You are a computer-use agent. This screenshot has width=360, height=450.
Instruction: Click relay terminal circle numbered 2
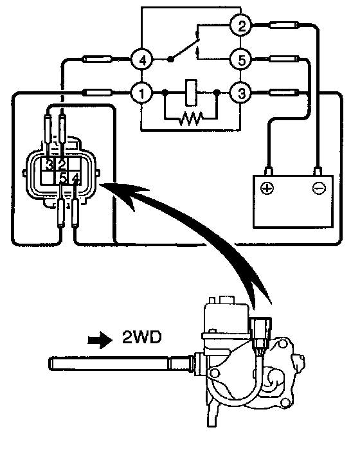[x=242, y=26]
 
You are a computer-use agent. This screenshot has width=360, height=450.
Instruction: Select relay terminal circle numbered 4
[x=142, y=60]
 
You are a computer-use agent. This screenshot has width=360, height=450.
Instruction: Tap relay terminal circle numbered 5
[x=242, y=60]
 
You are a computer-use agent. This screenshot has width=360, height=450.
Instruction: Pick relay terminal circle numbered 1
[x=141, y=93]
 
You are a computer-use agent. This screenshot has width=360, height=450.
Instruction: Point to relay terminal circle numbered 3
[x=242, y=93]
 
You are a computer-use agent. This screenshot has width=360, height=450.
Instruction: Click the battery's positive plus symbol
[x=267, y=188]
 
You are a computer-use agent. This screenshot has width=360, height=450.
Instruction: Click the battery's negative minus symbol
[x=319, y=188]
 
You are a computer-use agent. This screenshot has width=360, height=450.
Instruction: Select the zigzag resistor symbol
[x=190, y=118]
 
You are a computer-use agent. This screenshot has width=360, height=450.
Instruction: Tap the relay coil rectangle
[x=191, y=93]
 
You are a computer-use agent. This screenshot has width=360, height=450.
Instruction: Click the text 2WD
[x=141, y=337]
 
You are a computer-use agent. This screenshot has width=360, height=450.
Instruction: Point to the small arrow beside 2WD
[x=100, y=339]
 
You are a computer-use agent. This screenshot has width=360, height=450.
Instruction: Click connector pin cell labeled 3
[x=48, y=165]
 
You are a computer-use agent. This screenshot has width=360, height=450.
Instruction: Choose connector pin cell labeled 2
[x=61, y=165]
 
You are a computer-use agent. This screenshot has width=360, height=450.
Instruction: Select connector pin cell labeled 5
[x=62, y=178]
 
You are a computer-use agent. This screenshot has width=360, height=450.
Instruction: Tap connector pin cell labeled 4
[x=75, y=178]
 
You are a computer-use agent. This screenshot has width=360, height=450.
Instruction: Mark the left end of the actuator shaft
[x=50, y=362]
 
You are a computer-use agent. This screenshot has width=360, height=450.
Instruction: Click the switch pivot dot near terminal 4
[x=170, y=59]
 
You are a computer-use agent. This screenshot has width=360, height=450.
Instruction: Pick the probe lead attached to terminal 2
[x=284, y=25]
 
